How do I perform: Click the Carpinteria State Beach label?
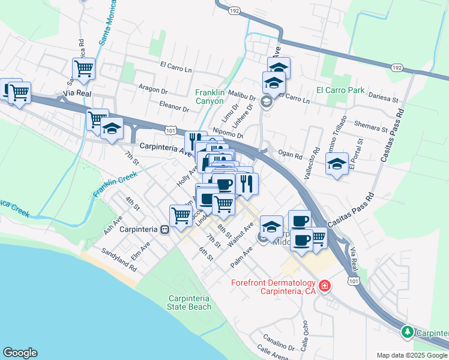tap(190, 302)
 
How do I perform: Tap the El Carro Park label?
tap(340, 91)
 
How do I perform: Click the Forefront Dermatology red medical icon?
tap(325, 286)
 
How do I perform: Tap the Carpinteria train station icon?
tap(163, 229)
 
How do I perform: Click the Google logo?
tap(20, 353)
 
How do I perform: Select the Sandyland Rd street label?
tap(119, 260)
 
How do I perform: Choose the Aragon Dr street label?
tap(152, 90)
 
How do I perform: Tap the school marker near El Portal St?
tap(337, 164)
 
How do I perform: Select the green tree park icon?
tap(407, 332)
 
